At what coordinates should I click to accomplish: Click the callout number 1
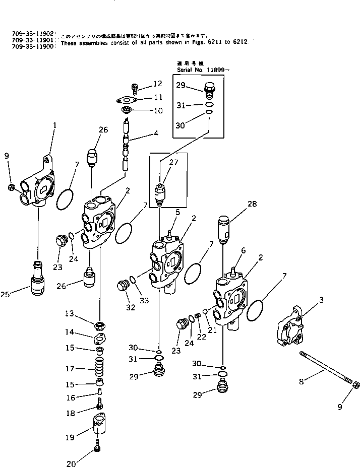click(54, 124)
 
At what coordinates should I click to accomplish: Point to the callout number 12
click(157, 83)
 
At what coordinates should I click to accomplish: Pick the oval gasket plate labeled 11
click(132, 100)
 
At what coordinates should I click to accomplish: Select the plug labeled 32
click(123, 288)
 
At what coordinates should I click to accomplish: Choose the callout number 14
click(70, 332)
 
